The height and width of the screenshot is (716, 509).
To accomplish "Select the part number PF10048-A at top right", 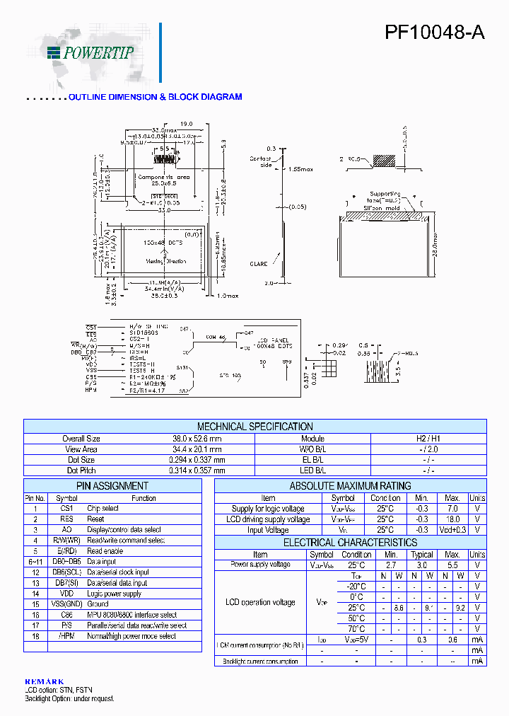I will [x=434, y=33].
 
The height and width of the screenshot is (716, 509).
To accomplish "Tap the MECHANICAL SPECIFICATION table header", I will [x=255, y=427].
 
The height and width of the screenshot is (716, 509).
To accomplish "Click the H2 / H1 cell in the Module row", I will [x=428, y=439].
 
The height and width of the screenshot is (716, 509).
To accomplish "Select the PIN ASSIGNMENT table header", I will [x=112, y=486].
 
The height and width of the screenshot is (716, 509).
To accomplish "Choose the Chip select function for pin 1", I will [x=103, y=509].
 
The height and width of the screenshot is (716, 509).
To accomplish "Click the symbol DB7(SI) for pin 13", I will [x=66, y=583].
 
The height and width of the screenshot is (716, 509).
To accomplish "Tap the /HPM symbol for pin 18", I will [x=66, y=636].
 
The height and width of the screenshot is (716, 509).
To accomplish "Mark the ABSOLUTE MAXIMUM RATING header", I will [x=350, y=486].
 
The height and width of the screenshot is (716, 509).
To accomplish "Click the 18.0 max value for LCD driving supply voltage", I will [x=452, y=519].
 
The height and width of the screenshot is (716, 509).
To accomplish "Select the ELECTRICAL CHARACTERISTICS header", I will [x=350, y=543].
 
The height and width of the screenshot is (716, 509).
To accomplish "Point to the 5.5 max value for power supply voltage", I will [x=452, y=565].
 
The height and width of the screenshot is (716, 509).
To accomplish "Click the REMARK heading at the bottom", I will [x=44, y=681].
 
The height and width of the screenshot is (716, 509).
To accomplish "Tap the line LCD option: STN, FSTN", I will [x=58, y=690].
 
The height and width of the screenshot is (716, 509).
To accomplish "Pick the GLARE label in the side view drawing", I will [x=258, y=264].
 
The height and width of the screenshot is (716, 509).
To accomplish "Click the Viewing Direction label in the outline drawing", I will [x=166, y=261].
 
